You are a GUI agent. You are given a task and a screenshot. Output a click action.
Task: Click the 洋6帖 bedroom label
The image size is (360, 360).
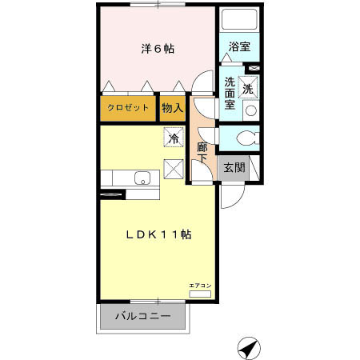158,49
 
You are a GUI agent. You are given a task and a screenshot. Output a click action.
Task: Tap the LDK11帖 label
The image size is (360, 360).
158,234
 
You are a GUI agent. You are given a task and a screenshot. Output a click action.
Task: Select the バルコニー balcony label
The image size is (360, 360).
143,316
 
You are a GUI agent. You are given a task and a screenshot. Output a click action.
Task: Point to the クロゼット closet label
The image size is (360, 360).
128,108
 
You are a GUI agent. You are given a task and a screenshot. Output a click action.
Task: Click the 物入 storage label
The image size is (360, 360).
173,108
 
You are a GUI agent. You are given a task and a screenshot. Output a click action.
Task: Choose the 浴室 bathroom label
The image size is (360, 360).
239,46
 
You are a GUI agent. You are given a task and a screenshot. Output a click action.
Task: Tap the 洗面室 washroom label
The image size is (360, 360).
230,93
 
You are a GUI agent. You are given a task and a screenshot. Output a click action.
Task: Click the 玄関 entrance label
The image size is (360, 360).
234,167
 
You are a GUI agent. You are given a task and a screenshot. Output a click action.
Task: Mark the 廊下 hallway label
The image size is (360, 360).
202,153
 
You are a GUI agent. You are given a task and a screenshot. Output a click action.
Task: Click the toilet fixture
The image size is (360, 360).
248,138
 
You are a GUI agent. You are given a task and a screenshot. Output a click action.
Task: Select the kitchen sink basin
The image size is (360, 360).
142,178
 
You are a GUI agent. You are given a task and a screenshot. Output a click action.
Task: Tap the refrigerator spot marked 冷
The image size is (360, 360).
174,137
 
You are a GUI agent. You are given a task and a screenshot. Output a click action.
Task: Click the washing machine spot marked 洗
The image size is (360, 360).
248,87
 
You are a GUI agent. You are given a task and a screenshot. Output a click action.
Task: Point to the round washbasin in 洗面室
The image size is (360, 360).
251,110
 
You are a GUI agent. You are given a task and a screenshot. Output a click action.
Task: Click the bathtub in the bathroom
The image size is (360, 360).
239,19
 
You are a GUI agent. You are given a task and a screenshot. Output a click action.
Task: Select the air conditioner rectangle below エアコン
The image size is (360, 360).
200,294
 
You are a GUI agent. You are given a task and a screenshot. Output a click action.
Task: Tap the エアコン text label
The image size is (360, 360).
200,286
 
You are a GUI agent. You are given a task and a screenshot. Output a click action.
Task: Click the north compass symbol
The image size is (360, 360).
249,348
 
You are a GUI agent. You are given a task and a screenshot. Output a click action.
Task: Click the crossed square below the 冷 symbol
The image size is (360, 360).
174,169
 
